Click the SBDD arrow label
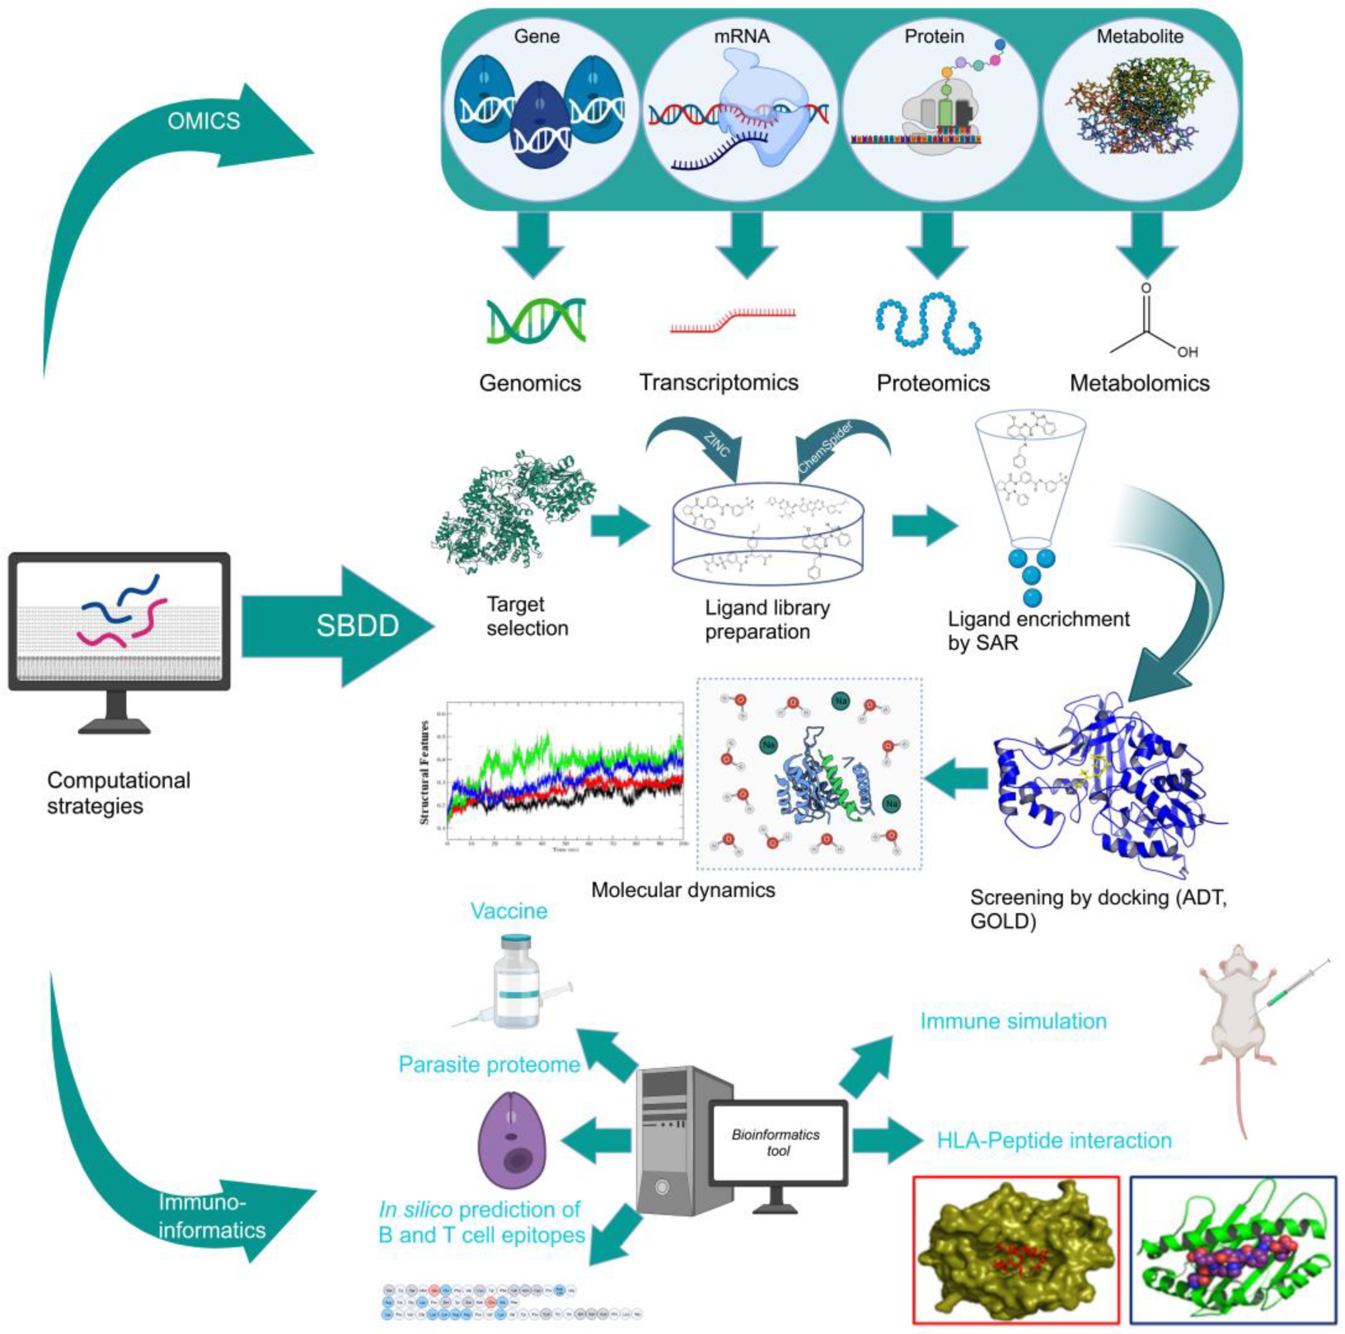(357, 625)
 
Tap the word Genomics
(530, 383)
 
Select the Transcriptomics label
(719, 383)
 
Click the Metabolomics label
(1139, 383)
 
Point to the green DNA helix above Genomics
(536, 321)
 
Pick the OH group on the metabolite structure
(1187, 353)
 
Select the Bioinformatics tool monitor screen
(777, 1142)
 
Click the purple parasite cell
(513, 1140)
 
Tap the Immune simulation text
(1013, 1021)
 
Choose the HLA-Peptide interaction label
(1053, 1140)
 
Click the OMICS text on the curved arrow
(204, 121)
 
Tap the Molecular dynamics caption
(682, 890)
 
